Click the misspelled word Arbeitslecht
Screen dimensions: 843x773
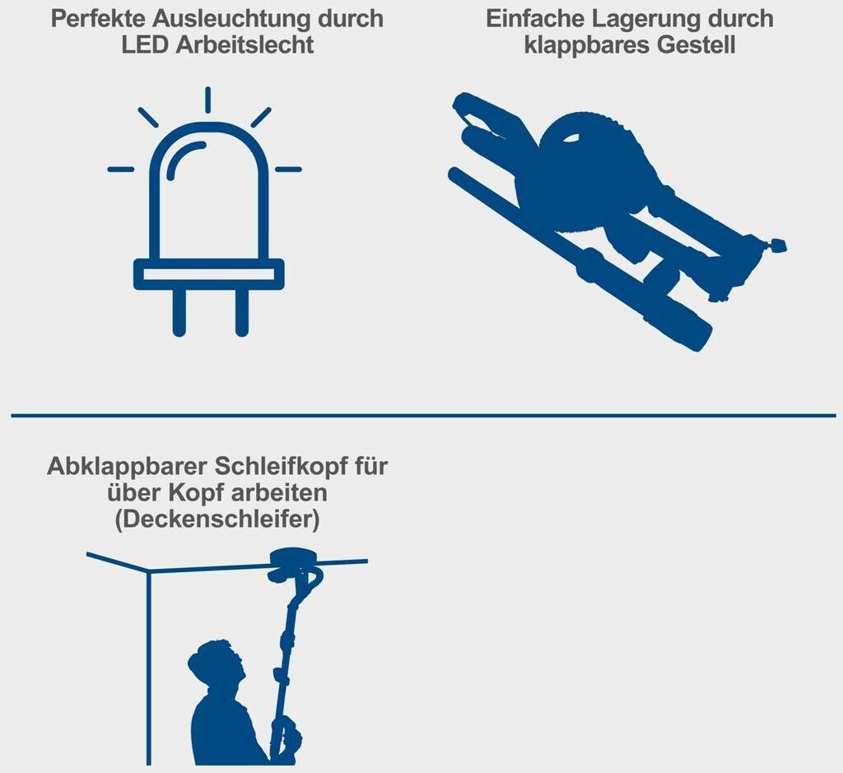[245, 45]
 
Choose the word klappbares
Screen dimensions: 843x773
[587, 45]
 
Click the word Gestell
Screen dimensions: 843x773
[696, 45]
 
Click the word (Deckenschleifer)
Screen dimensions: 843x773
[217, 519]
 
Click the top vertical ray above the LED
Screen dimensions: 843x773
[207, 100]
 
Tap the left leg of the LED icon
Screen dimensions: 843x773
[179, 312]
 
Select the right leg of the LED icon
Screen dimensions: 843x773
[242, 312]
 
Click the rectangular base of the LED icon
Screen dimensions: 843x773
[208, 275]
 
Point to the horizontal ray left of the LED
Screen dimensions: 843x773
[121, 170]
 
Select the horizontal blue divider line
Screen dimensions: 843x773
[424, 416]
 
